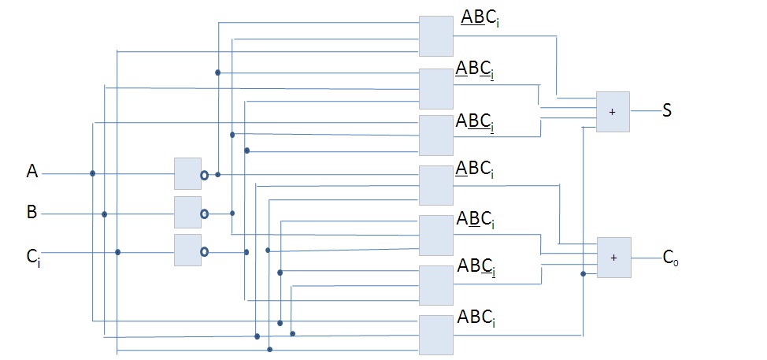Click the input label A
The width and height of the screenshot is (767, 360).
[32, 171]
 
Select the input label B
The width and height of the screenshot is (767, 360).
[32, 211]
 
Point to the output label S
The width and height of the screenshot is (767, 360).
[666, 111]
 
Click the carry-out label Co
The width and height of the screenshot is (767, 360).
[670, 257]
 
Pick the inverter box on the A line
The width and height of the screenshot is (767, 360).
[187, 173]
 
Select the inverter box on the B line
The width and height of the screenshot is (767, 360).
[187, 212]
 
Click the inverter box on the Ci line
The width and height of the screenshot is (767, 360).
[187, 251]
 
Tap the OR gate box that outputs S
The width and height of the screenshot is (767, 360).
[613, 111]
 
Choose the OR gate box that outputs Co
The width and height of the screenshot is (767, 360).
[614, 257]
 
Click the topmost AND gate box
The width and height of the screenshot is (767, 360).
[436, 36]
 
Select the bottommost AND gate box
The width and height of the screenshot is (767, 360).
[436, 335]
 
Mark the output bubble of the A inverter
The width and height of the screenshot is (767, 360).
[205, 174]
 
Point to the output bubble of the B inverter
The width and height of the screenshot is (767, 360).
[205, 213]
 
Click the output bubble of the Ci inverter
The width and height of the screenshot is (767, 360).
[205, 252]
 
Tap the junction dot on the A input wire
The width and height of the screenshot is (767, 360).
[93, 173]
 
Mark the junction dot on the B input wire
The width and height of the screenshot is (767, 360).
[104, 213]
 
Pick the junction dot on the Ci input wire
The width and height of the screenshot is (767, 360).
[117, 252]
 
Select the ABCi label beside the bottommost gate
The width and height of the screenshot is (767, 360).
[478, 321]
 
